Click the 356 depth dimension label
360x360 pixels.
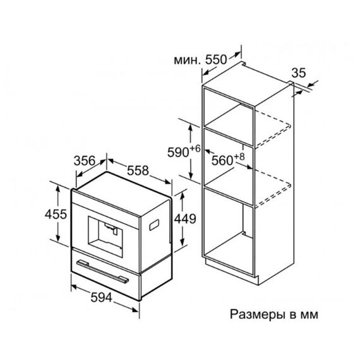pyautogui.click(x=84, y=160)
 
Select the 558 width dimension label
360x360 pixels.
pyautogui.click(x=138, y=171)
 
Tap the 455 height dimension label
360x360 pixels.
pyautogui.click(x=56, y=215)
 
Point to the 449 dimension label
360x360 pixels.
pyautogui.click(x=185, y=219)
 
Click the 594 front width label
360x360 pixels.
pyautogui.click(x=102, y=297)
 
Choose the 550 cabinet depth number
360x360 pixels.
pyautogui.click(x=216, y=60)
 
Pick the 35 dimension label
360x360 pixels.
pyautogui.click(x=299, y=73)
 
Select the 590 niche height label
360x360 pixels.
pyautogui.click(x=178, y=152)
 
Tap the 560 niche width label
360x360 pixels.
pyautogui.click(x=222, y=160)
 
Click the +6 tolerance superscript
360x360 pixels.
pyautogui.click(x=195, y=149)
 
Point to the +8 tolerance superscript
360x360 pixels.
pyautogui.click(x=239, y=157)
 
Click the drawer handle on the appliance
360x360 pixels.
pyautogui.click(x=102, y=272)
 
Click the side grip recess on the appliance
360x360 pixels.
pyautogui.click(x=154, y=225)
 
